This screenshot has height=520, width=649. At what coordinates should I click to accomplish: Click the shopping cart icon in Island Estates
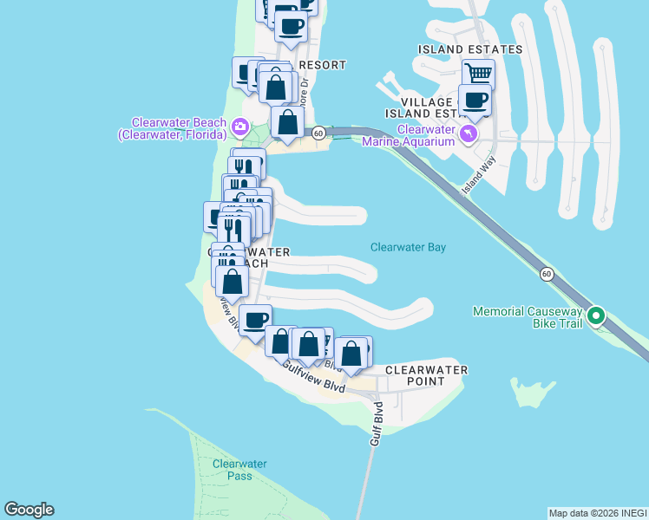click(x=478, y=73)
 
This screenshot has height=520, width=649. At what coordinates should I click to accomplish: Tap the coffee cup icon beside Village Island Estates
click(x=475, y=101)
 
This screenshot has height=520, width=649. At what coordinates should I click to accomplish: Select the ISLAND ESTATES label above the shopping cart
click(x=470, y=49)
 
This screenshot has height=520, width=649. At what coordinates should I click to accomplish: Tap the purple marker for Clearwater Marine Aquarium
click(x=469, y=133)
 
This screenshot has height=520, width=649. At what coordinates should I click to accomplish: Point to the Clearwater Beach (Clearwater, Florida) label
click(x=178, y=128)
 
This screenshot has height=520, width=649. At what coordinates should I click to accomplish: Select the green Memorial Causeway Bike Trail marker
click(x=596, y=315)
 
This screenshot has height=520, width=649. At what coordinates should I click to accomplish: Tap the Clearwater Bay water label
click(x=408, y=247)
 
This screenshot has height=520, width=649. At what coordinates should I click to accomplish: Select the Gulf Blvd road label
click(x=377, y=424)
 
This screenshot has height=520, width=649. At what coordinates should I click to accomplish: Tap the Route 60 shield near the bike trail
click(x=546, y=274)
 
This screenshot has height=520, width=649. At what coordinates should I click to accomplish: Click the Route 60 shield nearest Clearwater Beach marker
click(x=319, y=133)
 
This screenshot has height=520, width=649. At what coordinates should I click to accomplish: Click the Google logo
click(x=29, y=510)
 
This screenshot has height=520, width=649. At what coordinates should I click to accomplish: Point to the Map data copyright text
click(x=598, y=513)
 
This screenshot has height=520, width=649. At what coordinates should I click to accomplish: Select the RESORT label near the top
click(x=322, y=65)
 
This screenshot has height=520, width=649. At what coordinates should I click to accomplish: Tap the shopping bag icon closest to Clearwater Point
click(x=351, y=354)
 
